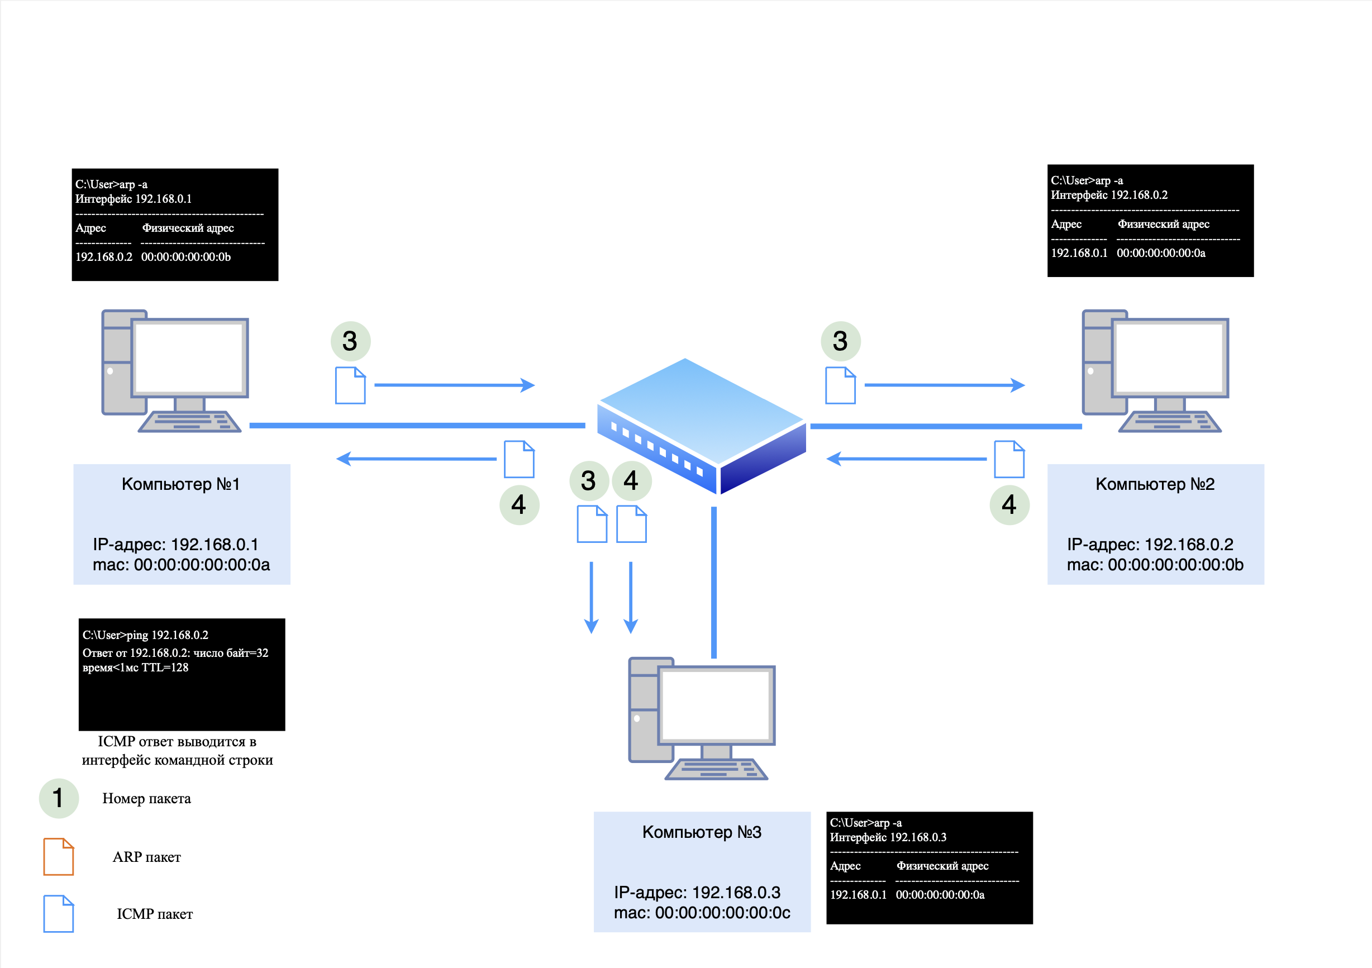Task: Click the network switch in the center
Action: click(x=702, y=425)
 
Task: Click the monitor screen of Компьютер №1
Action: click(x=189, y=357)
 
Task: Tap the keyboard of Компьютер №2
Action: click(x=1169, y=421)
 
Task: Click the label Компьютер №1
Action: click(x=180, y=484)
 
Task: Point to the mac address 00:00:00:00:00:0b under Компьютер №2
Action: click(x=1175, y=565)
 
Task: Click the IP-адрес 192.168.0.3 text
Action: click(x=697, y=892)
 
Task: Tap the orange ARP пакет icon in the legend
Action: click(x=59, y=856)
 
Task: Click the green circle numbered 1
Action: click(x=59, y=798)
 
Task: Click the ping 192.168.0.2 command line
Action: click(x=145, y=635)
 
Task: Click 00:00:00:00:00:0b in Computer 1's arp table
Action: click(x=185, y=257)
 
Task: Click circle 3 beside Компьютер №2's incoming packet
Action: click(x=840, y=341)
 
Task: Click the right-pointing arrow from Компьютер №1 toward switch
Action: click(x=454, y=385)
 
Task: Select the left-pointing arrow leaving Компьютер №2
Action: click(x=907, y=459)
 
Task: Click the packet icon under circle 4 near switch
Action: click(x=631, y=524)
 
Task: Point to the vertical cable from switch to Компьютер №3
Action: click(x=713, y=583)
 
